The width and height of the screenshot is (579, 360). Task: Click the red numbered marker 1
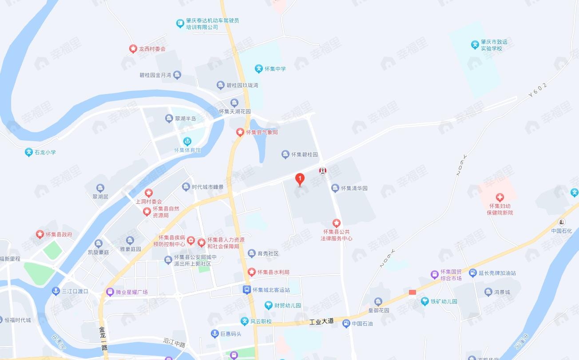click(x=300, y=179)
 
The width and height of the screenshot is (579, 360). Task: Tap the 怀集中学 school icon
click(x=259, y=69)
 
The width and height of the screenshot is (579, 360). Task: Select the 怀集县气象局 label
click(x=262, y=132)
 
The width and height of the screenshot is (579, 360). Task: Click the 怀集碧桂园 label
click(x=305, y=155)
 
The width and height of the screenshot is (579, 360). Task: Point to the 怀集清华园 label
click(x=354, y=188)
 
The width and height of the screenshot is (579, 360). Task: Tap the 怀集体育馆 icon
click(x=187, y=142)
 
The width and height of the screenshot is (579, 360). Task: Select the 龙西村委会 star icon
click(x=133, y=49)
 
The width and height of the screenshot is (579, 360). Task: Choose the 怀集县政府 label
click(x=59, y=234)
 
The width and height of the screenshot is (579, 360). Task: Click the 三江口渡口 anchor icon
click(x=56, y=291)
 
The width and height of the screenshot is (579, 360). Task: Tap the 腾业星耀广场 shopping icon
click(x=110, y=292)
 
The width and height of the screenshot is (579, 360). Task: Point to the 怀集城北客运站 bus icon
click(x=246, y=290)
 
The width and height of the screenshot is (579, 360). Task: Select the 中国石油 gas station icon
click(x=346, y=324)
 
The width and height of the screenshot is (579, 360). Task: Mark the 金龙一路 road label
click(x=103, y=339)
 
